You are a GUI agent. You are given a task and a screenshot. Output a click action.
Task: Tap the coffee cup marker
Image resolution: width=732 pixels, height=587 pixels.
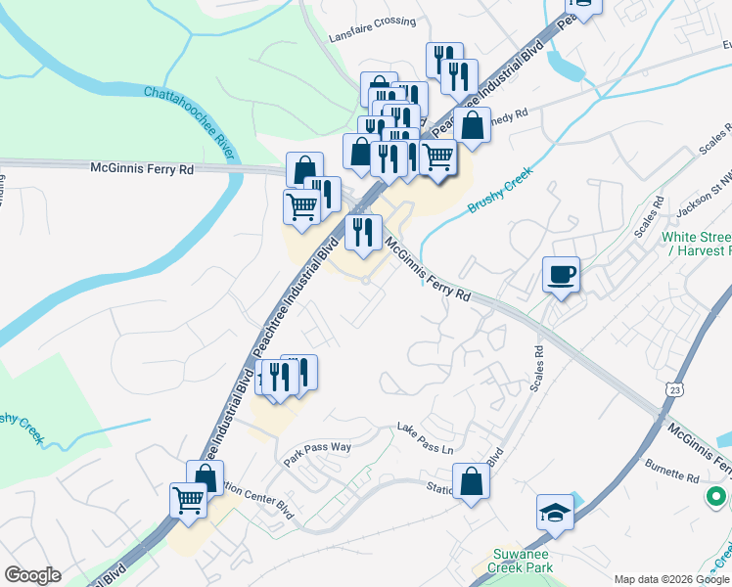pos(562,275)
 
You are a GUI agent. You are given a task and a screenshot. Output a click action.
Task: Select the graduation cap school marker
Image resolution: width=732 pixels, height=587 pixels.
pos(555,513)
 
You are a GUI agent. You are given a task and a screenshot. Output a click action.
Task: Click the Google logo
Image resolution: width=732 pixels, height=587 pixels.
pos(32,575)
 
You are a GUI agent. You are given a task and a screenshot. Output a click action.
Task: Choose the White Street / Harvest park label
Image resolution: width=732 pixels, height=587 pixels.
pos(696,244)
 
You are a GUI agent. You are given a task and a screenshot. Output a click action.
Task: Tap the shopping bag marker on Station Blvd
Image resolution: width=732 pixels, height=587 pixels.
pos(472,481)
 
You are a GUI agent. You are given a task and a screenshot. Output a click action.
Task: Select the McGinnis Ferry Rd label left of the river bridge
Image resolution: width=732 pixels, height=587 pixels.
pos(143,169)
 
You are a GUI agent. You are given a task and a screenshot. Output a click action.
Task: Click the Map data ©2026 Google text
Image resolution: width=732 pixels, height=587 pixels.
pos(669,579)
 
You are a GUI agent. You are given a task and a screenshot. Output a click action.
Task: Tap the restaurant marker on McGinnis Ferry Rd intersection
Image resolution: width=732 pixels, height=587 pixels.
pos(363,234)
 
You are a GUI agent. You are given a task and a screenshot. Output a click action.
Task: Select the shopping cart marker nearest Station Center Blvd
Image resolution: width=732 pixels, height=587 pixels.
pos(188,501)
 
